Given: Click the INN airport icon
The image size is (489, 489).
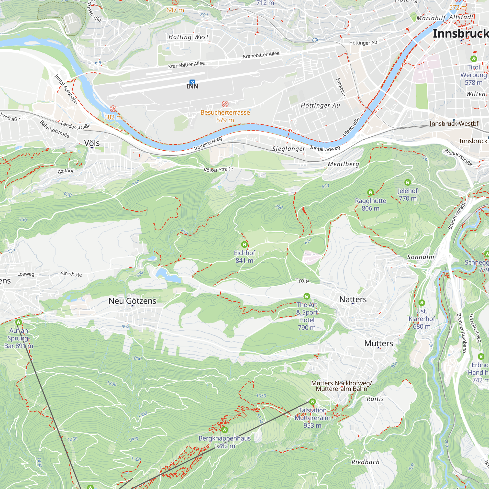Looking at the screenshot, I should (192, 82).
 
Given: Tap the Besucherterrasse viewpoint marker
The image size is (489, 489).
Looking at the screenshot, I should (225, 104).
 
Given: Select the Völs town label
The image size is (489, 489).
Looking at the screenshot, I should (92, 143).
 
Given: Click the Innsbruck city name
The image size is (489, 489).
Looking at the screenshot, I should (461, 34).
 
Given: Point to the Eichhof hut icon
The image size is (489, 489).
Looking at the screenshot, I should (244, 244).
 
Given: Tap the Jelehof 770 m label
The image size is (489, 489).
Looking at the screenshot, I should (408, 194).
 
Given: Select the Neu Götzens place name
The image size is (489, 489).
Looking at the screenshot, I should (132, 301).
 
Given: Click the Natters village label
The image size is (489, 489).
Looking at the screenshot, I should (353, 300).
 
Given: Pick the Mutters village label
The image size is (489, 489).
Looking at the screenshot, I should (379, 344).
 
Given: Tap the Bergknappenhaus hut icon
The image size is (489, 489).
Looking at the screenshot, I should (224, 430).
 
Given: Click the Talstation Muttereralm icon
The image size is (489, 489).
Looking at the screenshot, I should (312, 402).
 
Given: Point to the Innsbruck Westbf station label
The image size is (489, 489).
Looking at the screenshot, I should (454, 123).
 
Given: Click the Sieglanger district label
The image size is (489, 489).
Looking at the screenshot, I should (289, 149).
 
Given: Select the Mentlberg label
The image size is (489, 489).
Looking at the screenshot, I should (344, 164).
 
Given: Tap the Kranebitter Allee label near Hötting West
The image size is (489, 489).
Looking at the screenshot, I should (187, 65).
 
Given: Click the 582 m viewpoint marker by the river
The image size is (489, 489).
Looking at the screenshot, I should (113, 109).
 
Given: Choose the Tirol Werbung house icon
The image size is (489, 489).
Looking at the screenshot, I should (474, 59).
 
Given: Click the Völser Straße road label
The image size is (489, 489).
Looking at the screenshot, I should (218, 169).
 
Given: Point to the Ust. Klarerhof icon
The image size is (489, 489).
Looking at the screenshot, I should (422, 303).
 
